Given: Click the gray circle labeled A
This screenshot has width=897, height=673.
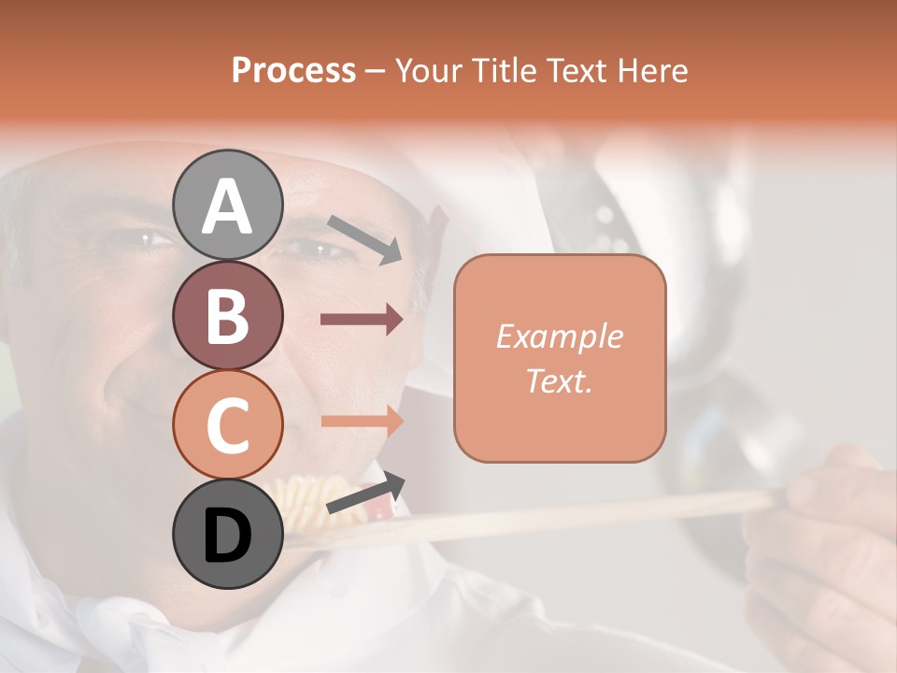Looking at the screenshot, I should click(227, 205).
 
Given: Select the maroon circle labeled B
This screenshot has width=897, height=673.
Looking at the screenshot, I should click(227, 315).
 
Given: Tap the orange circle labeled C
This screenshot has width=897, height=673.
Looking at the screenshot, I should click(227, 425).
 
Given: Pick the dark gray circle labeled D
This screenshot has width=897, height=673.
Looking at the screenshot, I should click(227, 535).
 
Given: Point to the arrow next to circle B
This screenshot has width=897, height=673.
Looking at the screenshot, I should click(362, 320).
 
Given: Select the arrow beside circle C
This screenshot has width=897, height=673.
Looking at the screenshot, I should click(362, 421).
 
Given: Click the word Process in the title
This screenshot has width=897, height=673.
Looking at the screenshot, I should click(293, 70).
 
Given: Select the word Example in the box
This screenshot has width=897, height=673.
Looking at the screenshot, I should click(559, 336).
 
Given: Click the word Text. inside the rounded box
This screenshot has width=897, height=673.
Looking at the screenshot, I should click(559, 380).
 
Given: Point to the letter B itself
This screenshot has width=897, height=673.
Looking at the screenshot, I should click(227, 316).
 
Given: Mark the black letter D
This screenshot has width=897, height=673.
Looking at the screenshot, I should click(227, 536).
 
